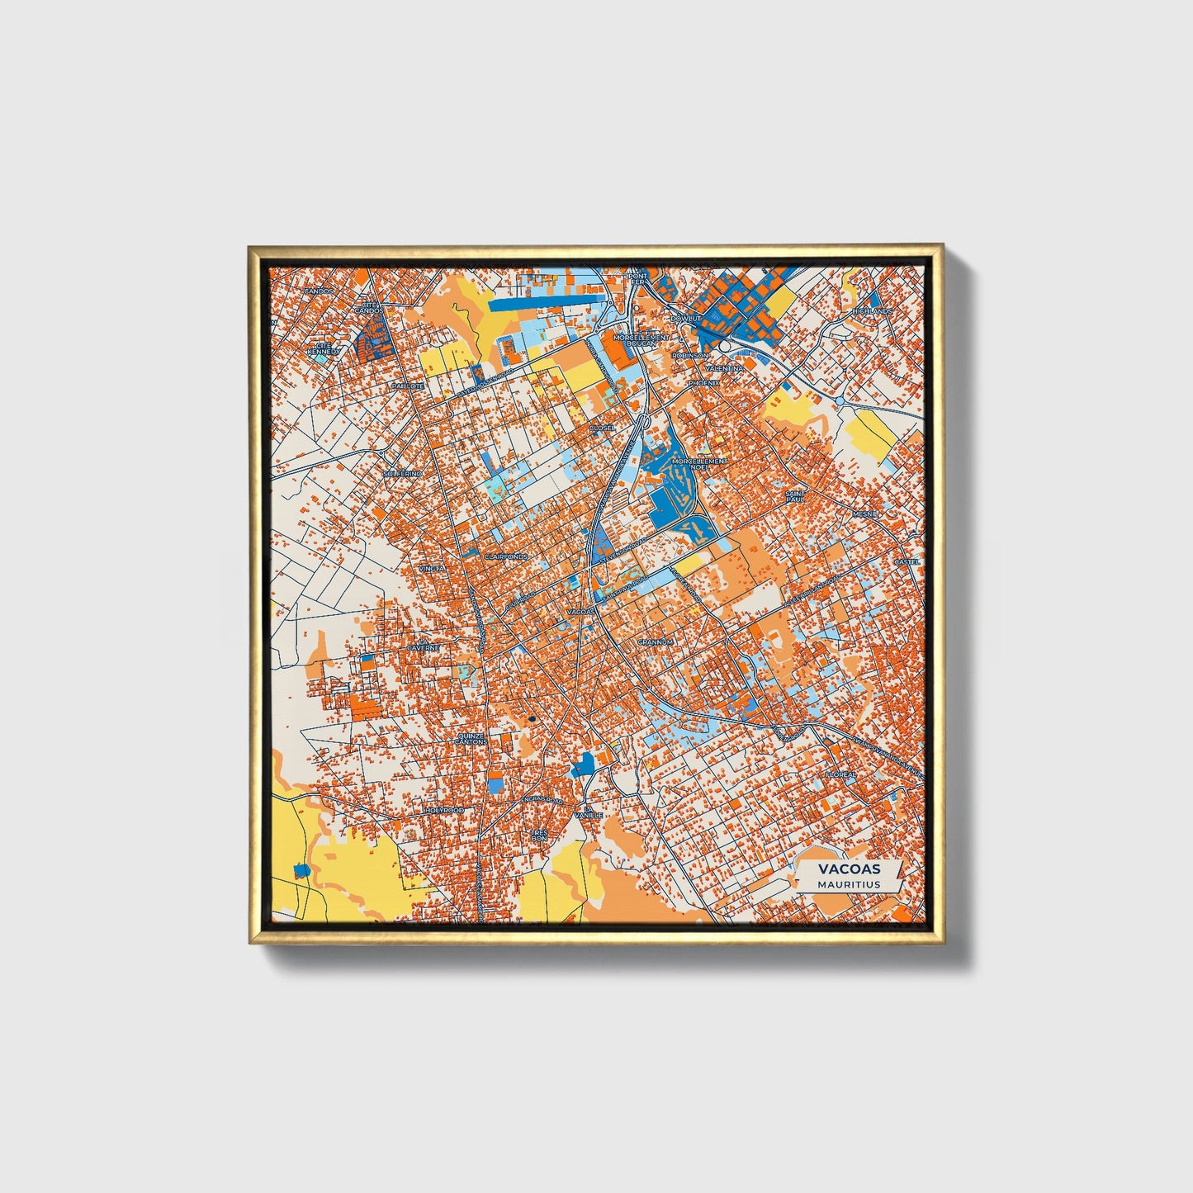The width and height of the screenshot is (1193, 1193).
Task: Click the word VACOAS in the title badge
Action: click(849, 869)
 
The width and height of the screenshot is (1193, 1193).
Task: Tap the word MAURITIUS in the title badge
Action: click(849, 884)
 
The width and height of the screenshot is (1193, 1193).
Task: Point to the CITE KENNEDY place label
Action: click(323, 349)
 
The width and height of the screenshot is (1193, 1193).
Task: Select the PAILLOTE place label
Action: click(408, 386)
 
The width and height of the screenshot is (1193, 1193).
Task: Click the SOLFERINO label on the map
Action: click(403, 474)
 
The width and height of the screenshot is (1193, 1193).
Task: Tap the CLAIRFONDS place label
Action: click(505, 557)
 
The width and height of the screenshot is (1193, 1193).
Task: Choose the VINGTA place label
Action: click(431, 569)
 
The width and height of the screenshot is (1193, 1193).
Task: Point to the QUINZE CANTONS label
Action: click(471, 738)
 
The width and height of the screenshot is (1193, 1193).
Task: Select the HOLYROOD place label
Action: click(443, 811)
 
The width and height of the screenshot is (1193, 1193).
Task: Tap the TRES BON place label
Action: click(540, 836)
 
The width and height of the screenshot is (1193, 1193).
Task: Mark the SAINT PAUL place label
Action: click(794, 497)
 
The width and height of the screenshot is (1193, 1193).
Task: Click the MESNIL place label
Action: click(867, 514)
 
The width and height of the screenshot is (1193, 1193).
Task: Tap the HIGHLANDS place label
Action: click(873, 311)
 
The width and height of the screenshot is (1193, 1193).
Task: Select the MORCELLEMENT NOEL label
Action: click(699, 463)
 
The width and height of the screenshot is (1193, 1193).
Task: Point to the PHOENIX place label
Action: click(704, 383)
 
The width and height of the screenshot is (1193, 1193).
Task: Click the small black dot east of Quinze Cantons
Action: click(533, 719)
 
